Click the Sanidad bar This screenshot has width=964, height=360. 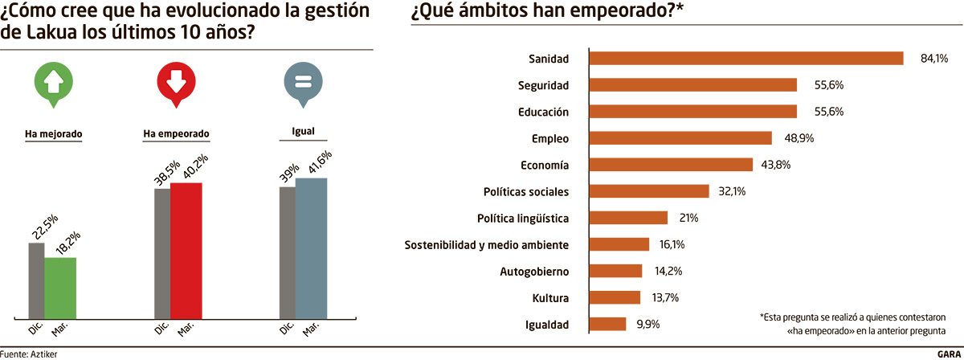tap(746, 58)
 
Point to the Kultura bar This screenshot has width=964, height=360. tap(615, 297)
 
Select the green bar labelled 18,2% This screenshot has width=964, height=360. tap(60, 287)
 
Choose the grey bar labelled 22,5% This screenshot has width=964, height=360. tap(36, 280)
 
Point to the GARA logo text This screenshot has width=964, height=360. tap(949, 354)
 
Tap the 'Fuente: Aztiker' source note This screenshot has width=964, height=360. tap(29, 354)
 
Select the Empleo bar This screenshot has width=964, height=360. tap(680, 138)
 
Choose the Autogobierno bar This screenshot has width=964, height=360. tap(615, 271)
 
